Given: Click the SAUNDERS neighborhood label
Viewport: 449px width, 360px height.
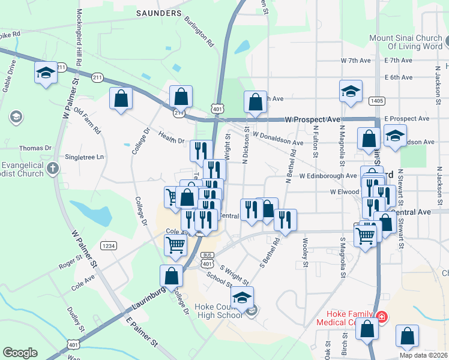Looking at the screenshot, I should tap(159, 13).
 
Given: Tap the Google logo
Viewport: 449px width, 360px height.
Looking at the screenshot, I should tap(20, 353).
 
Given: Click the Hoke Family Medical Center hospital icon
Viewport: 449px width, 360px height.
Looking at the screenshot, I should tap(381, 316).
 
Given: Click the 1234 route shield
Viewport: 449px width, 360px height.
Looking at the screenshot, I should tap(109, 245).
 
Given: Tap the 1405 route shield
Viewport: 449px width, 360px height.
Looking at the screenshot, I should tap(377, 101).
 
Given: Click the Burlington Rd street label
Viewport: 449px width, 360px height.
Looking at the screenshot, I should tap(200, 32).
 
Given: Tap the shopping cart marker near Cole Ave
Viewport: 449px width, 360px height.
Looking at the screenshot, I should tap(175, 244).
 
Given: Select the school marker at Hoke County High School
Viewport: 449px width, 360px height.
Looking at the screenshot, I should tap(243, 298).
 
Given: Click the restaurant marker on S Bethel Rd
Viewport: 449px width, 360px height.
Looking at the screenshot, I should tap(286, 220).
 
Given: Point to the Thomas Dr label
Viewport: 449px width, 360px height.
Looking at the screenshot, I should tap(35, 148).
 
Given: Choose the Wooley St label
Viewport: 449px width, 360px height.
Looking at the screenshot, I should tap(305, 253).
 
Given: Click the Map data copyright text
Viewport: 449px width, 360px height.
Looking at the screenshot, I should tap(423, 355).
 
